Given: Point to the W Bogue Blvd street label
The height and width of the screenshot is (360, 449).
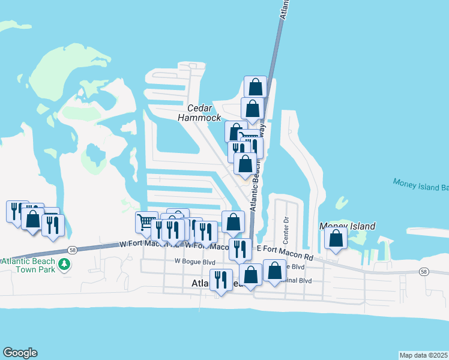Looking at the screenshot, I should point(194,262).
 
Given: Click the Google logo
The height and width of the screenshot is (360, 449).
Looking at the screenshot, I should point(20,353).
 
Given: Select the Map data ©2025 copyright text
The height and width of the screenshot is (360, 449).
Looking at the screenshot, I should point(424,355).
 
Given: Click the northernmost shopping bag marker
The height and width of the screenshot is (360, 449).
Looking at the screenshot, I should point(255,86).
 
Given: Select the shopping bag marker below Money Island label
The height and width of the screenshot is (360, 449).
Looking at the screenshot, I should point(336,238).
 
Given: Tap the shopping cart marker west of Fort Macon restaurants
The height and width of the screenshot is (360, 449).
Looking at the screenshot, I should point(146,223).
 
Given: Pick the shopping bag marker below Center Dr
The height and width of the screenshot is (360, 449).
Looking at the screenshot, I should point(274,271).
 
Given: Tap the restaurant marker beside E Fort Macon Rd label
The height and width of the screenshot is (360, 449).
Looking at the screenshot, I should point(240,248).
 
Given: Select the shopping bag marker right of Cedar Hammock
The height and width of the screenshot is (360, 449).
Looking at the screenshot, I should point(252,109).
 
